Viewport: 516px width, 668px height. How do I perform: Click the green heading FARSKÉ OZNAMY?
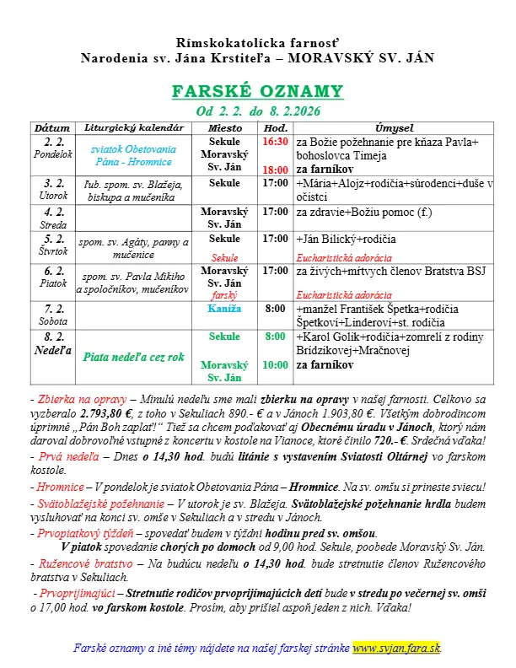[x=257, y=91]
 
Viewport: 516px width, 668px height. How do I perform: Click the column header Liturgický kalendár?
[x=134, y=127]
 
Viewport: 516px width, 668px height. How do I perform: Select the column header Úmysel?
[x=394, y=127]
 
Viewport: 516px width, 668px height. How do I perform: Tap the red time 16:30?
[x=276, y=141]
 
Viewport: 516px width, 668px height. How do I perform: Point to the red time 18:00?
[x=276, y=169]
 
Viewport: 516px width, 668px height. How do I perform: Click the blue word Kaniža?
[x=224, y=309]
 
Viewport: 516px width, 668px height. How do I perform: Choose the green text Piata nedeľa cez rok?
[x=134, y=357]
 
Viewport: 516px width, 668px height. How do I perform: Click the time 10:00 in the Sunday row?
[x=276, y=364]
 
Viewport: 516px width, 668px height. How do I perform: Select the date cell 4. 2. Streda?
[x=54, y=218]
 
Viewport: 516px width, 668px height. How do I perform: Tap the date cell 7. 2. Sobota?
[x=54, y=315]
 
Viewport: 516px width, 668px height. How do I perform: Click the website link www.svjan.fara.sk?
[x=396, y=648]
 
